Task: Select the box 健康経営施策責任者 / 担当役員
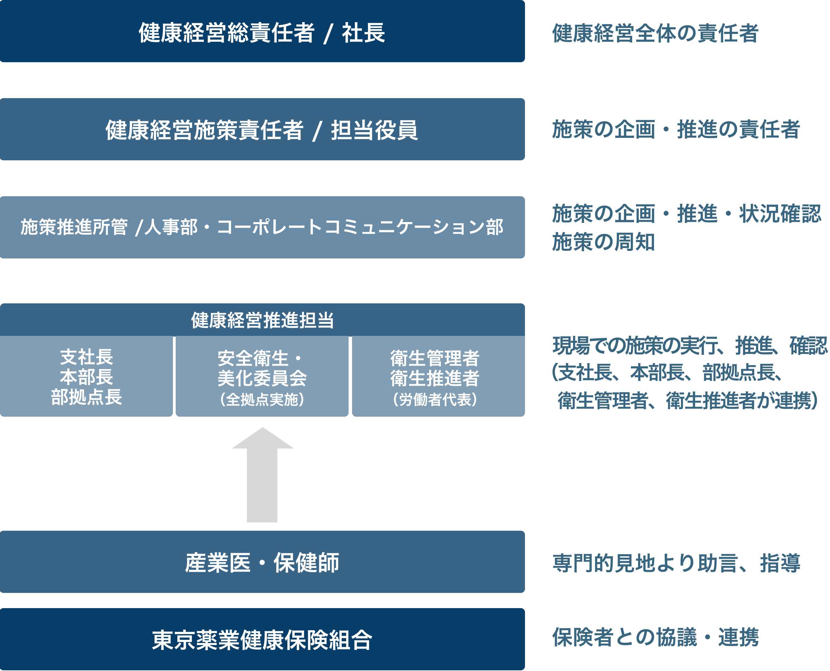tap(262, 130)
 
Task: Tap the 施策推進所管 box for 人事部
tap(262, 227)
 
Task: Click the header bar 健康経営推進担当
tap(262, 320)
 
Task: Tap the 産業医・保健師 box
tap(262, 563)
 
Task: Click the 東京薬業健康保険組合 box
tap(262, 640)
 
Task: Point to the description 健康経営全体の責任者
tap(655, 33)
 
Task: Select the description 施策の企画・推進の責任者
tap(675, 130)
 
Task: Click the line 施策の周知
tap(603, 242)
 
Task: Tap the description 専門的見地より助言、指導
tap(676, 563)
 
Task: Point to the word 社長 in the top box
tap(363, 32)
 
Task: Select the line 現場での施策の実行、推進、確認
tap(690, 346)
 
